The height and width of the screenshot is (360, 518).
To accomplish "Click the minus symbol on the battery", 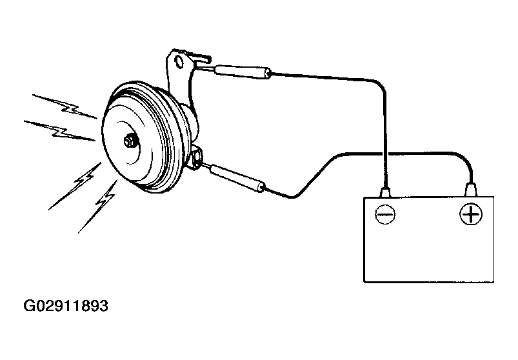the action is tap(385, 214).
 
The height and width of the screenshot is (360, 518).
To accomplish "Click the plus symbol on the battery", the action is tap(471, 214).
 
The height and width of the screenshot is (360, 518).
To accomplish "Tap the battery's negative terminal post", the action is tap(385, 192).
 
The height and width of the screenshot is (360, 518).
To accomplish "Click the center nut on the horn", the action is tap(130, 141).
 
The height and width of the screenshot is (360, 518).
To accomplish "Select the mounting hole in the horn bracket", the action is tap(180, 62).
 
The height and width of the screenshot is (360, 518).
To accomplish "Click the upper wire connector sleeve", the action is tap(243, 73).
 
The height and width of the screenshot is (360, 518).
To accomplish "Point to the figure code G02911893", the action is tap(66, 306).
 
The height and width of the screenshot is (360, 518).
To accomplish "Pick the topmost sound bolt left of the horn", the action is tap(65, 106).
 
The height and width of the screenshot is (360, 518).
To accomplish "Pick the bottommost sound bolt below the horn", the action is tap(98, 206).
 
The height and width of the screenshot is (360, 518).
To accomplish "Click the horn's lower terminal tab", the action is tap(197, 157).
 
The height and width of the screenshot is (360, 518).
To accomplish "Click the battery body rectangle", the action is tap(429, 240).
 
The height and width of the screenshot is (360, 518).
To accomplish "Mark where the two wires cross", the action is tap(385, 154).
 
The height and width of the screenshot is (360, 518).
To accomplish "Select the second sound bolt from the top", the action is tap(59, 131).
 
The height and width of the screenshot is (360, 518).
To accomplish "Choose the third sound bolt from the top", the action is tap(75, 186).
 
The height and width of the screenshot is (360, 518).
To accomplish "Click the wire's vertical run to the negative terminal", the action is tap(385, 139).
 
